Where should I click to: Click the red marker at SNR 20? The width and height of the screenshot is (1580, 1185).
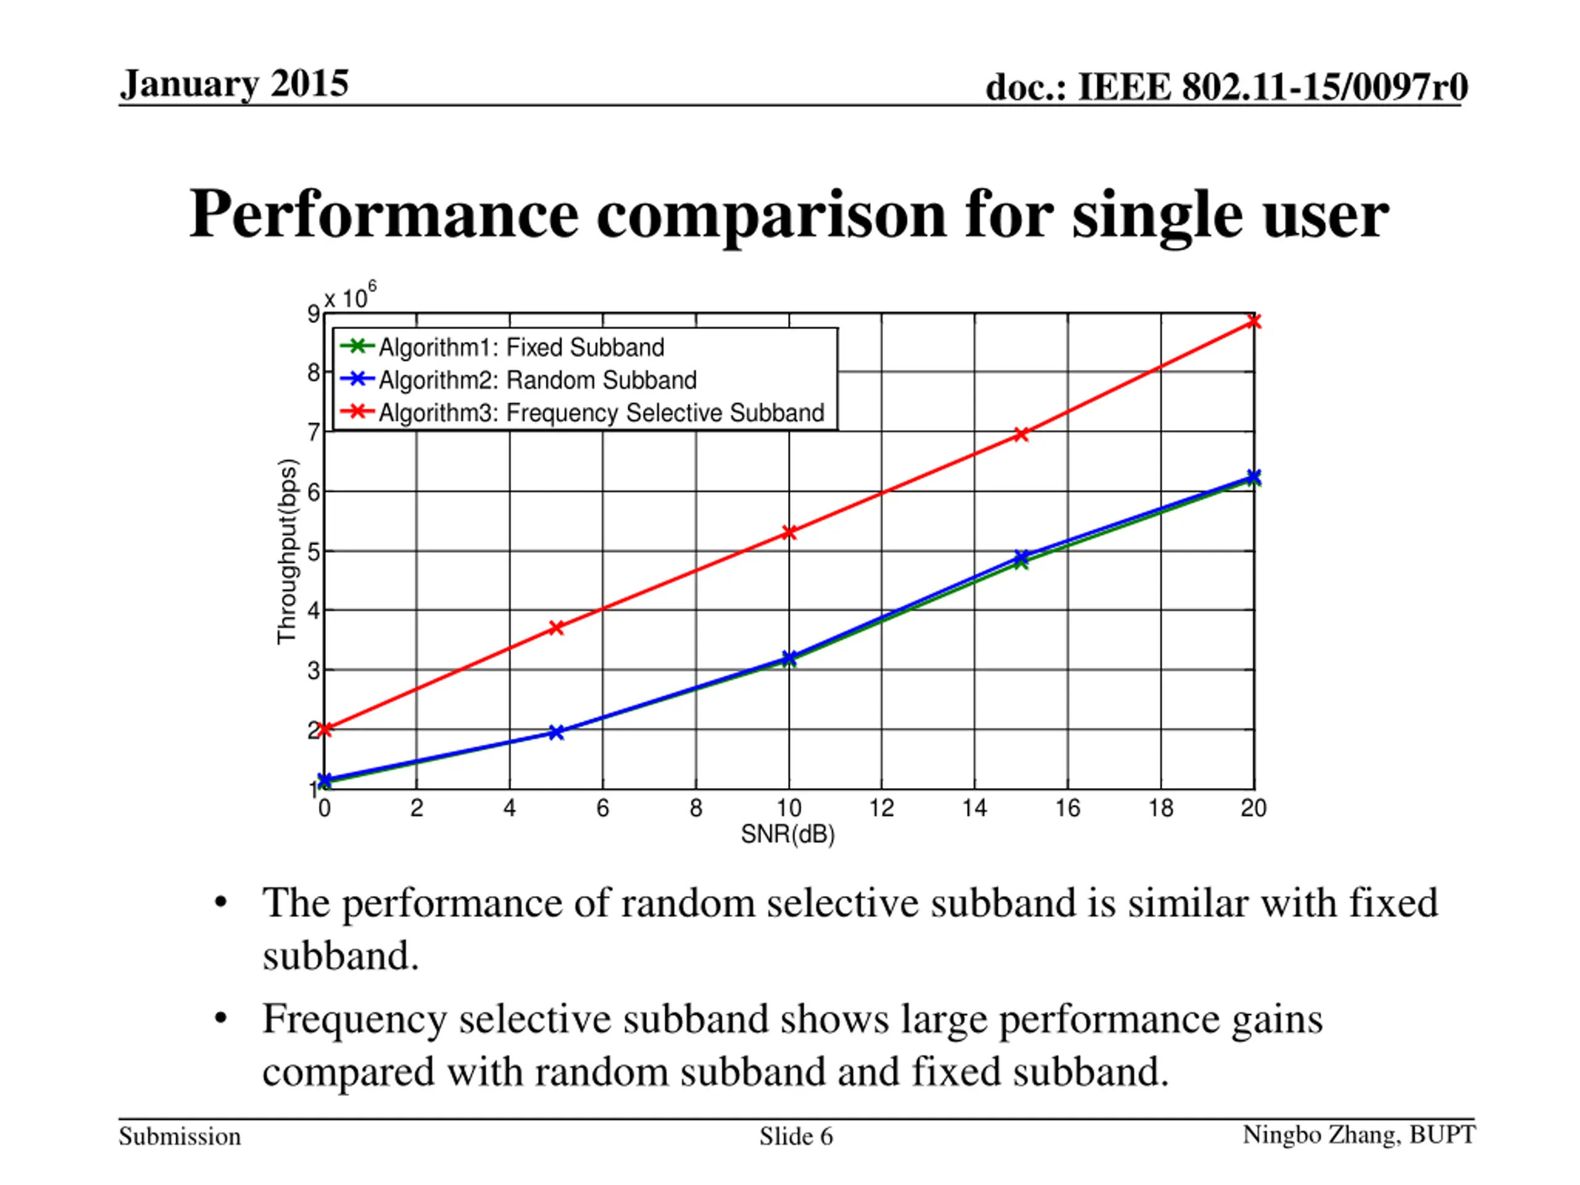click(x=1254, y=322)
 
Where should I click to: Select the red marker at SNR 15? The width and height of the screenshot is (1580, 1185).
click(x=1021, y=434)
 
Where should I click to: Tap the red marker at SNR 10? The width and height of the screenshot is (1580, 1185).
click(x=789, y=532)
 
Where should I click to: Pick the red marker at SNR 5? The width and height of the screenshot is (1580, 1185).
click(x=557, y=628)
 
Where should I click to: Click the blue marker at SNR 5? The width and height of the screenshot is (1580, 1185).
click(x=557, y=732)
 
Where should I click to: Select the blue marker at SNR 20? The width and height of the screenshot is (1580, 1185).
click(x=1254, y=476)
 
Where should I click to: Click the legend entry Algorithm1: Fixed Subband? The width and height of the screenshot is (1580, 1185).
click(x=522, y=347)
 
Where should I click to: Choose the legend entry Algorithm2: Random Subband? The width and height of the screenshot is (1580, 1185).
click(x=537, y=380)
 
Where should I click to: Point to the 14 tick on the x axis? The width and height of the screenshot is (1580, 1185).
click(x=975, y=808)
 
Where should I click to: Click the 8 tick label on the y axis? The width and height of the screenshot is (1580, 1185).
click(x=314, y=372)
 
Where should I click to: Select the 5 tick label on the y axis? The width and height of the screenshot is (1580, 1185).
click(x=314, y=551)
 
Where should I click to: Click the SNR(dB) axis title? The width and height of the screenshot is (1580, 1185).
click(x=788, y=834)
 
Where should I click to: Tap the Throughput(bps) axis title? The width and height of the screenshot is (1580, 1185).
click(x=287, y=551)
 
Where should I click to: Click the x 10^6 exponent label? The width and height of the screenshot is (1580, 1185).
click(x=350, y=296)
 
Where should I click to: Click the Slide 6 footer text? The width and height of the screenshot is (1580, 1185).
click(x=796, y=1136)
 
